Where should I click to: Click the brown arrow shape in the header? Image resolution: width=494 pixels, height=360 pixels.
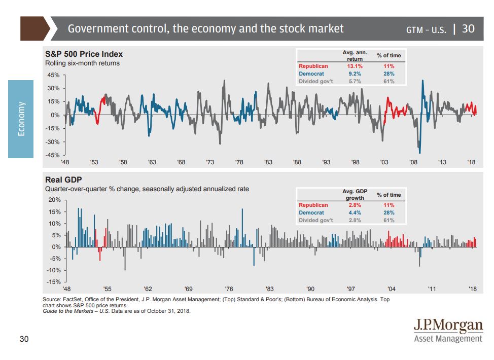pyautogui.click(x=34, y=28)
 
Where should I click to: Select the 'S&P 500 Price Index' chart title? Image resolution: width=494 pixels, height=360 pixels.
pyautogui.click(x=84, y=54)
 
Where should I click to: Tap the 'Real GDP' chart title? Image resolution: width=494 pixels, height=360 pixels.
pyautogui.click(x=63, y=179)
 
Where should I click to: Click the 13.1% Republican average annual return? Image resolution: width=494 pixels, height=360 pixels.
pyautogui.click(x=355, y=66)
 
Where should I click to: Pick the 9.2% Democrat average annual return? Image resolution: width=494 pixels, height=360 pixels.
pyautogui.click(x=355, y=74)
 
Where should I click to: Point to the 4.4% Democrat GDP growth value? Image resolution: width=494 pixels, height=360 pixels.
pyautogui.click(x=355, y=212)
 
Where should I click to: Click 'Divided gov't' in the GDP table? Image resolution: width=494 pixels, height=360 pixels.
pyautogui.click(x=315, y=220)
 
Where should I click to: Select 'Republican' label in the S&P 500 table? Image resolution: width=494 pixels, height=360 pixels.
pyautogui.click(x=313, y=66)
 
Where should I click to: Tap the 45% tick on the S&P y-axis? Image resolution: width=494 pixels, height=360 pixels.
pyautogui.click(x=53, y=75)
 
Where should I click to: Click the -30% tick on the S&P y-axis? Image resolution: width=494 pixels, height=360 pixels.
pyautogui.click(x=52, y=142)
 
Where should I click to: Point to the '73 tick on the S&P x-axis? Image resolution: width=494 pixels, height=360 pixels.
pyautogui.click(x=210, y=162)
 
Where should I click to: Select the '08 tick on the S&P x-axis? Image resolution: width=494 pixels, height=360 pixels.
pyautogui.click(x=413, y=162)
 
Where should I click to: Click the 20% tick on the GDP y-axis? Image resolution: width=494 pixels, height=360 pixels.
pyautogui.click(x=54, y=200)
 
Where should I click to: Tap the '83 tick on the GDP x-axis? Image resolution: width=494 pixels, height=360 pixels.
pyautogui.click(x=269, y=289)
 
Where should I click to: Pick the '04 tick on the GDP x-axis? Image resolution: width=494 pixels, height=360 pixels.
pyautogui.click(x=391, y=289)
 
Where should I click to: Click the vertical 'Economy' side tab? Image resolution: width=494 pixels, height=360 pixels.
pyautogui.click(x=21, y=119)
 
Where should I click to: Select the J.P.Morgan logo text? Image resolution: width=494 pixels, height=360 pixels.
pyautogui.click(x=448, y=326)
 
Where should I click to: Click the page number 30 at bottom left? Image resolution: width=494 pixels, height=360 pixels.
pyautogui.click(x=24, y=339)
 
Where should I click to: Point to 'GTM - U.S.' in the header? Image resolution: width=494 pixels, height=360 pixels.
pyautogui.click(x=426, y=29)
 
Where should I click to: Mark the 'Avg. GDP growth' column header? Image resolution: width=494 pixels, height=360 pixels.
pyautogui.click(x=355, y=195)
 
